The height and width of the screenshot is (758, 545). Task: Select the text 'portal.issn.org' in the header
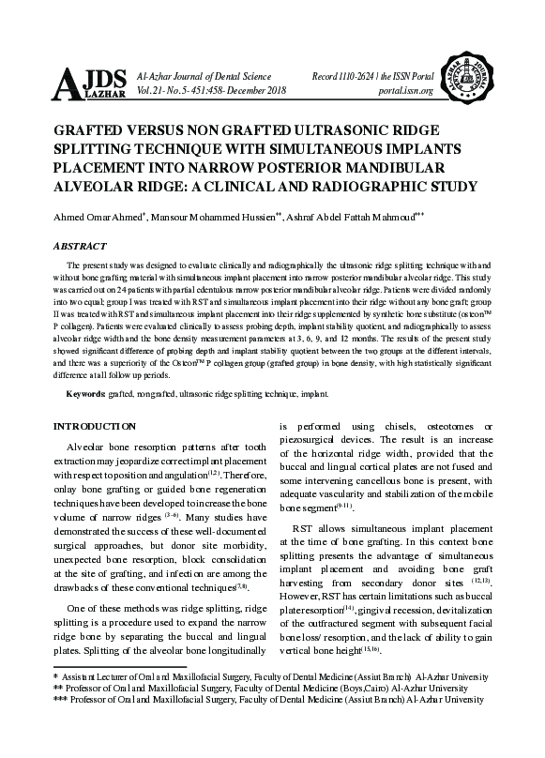pyautogui.click(x=401, y=91)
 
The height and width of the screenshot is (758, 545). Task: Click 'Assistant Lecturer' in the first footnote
pyautogui.click(x=95, y=675)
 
